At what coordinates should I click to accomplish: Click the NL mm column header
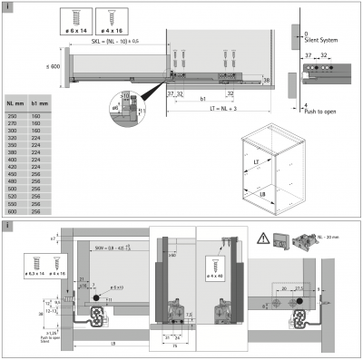pos(15,105)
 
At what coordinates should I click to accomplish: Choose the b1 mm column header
pos(39,105)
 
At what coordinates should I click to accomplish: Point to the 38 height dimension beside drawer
pos(267,80)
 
